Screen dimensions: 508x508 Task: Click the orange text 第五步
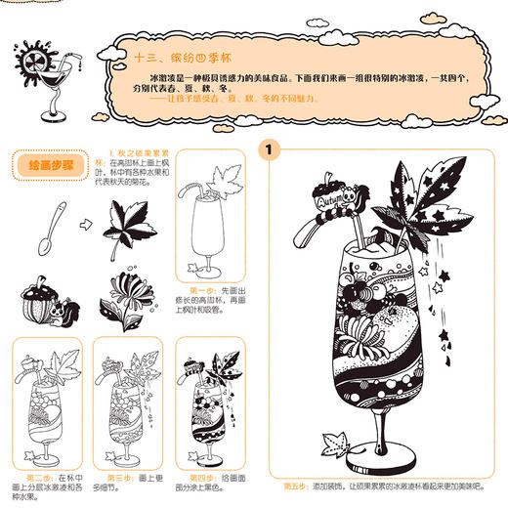click(x=294, y=485)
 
